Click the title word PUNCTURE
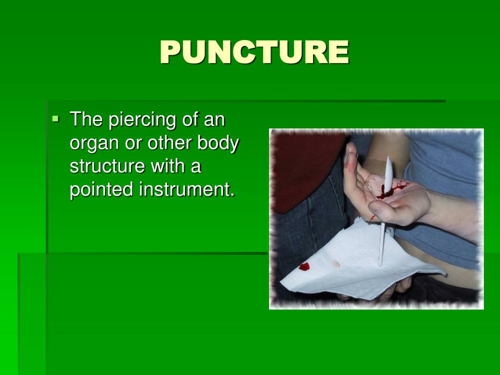coord(254,52)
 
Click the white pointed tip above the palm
coord(389,168)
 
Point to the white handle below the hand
coord(381,244)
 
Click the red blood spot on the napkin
coord(304,267)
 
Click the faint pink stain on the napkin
coord(335,264)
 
